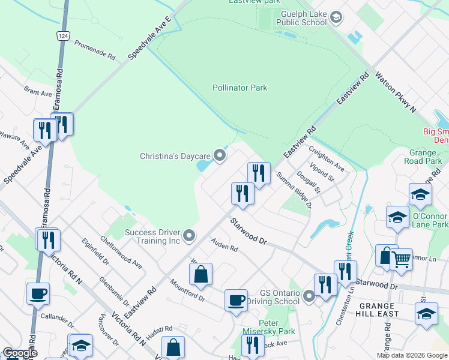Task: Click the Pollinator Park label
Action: coord(240,88)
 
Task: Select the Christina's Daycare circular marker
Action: coord(220,156)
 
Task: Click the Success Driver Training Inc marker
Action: coord(190,236)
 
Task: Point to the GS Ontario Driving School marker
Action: coord(309,296)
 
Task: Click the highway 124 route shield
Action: coord(62,36)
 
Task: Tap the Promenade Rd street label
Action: coord(95,51)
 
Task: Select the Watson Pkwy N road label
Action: coord(395,92)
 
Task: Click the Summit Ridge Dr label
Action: coord(294,190)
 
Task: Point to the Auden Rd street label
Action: coord(224,245)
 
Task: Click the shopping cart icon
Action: coord(401,259)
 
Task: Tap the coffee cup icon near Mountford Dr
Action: coord(236,299)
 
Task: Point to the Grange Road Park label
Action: coord(425,157)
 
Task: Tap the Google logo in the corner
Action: coord(19,353)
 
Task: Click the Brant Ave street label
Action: coord(38,93)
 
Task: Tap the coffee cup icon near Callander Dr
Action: coord(38,293)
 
